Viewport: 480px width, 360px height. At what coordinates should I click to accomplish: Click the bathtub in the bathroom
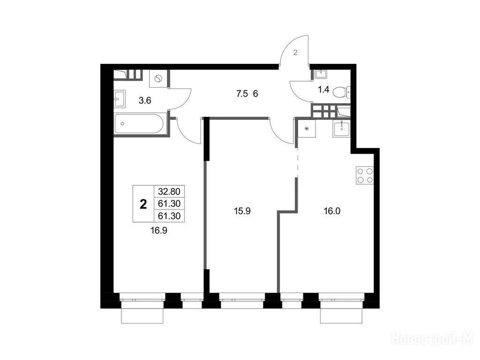click(141, 123)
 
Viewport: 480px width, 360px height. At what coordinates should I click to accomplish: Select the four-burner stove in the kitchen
click(365, 175)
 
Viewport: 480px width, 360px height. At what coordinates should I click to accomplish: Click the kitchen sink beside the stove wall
click(341, 128)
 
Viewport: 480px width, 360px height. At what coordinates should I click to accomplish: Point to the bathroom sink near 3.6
click(120, 98)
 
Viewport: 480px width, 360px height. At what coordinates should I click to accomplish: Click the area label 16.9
click(158, 231)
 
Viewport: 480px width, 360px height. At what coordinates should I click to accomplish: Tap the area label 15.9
click(242, 211)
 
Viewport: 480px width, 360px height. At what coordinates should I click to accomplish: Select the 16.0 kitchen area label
click(332, 211)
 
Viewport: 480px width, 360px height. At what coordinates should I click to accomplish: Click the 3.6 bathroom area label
click(145, 100)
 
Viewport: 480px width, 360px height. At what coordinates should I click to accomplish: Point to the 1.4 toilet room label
click(323, 90)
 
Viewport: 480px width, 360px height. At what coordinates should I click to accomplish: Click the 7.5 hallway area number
click(242, 94)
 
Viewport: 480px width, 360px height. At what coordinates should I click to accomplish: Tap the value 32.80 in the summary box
click(169, 192)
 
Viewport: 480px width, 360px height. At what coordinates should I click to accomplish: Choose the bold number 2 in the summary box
click(143, 204)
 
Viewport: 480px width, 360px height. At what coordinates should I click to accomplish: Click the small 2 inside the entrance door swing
click(295, 52)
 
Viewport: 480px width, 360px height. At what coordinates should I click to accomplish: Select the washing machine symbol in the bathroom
click(158, 78)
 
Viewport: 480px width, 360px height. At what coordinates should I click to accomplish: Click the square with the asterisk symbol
click(307, 129)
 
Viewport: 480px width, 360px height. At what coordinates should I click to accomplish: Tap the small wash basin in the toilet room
click(321, 74)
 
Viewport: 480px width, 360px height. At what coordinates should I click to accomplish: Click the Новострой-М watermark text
click(433, 339)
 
